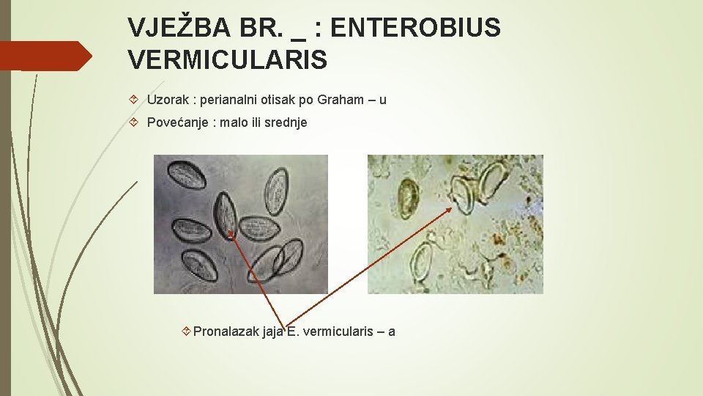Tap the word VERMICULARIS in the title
pos(227,60)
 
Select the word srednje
pos(286,122)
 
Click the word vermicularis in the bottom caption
pos(336,331)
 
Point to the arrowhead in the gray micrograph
pos(231,234)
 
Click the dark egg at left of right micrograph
pos(408,194)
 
